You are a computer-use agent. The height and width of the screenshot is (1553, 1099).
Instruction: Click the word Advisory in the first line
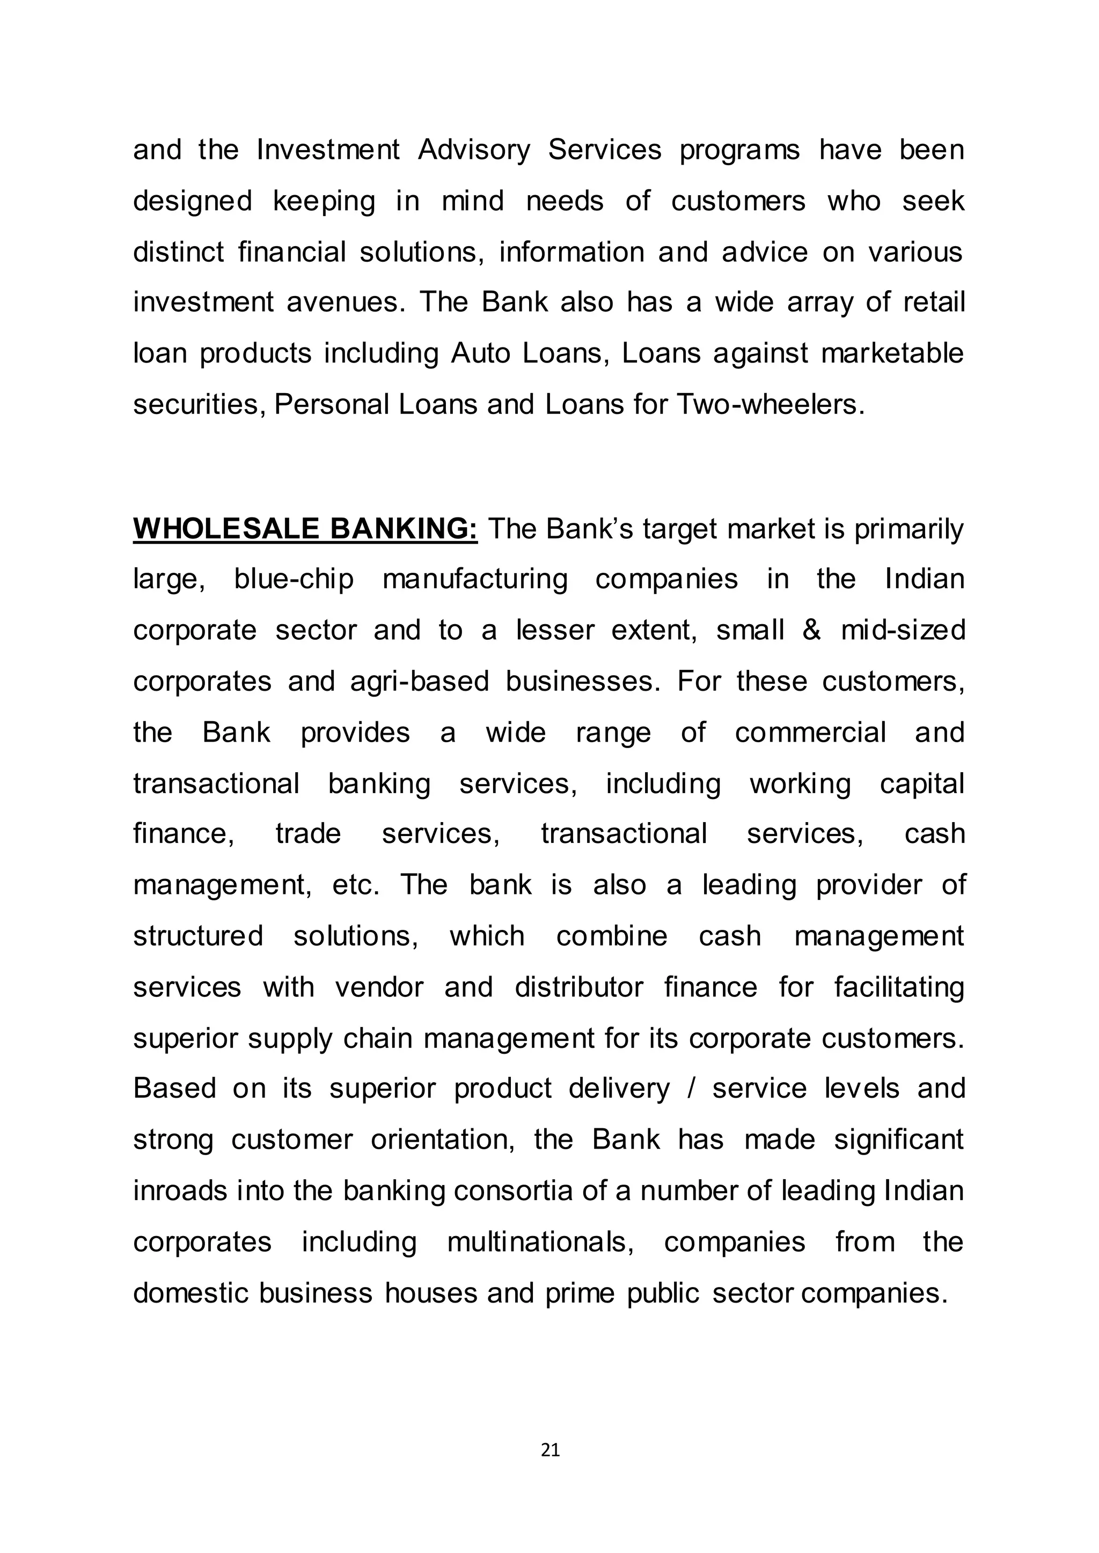tap(474, 150)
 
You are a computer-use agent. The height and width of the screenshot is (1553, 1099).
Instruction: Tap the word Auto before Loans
tap(480, 353)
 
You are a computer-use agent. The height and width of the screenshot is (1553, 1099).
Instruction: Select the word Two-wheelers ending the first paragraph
tap(770, 404)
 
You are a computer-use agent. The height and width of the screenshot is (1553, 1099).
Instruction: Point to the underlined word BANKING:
tap(404, 528)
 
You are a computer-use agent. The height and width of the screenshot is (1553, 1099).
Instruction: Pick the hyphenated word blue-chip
tap(294, 579)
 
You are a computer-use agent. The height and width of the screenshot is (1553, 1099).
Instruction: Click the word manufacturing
tap(475, 579)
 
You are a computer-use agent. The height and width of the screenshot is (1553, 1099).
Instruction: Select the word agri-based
tap(419, 681)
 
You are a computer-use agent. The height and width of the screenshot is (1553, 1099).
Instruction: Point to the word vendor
tap(379, 987)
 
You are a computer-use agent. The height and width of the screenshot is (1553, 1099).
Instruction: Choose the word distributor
tap(578, 987)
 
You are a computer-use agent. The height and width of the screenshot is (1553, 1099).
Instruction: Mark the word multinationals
tap(540, 1242)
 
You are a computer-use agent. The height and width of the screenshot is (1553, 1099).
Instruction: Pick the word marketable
tap(892, 353)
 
